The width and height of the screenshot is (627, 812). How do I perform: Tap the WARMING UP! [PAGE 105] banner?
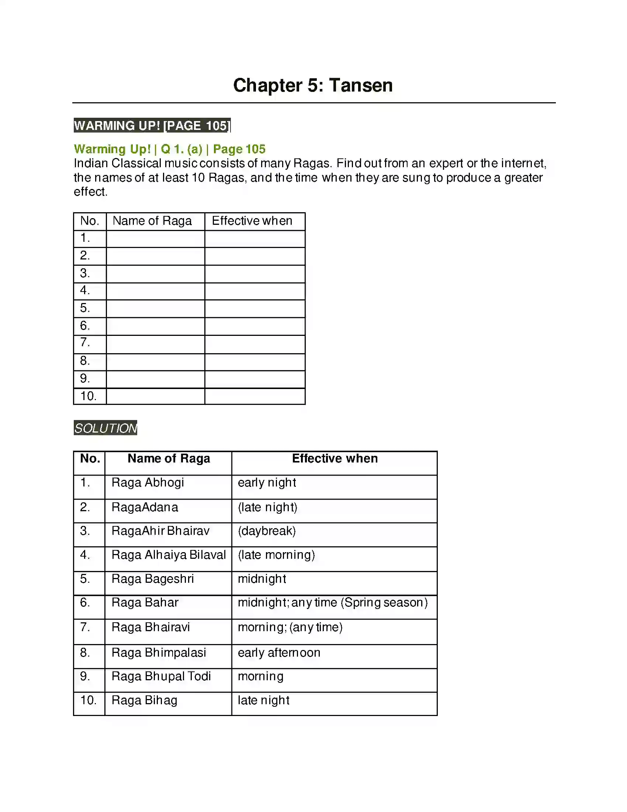pyautogui.click(x=152, y=125)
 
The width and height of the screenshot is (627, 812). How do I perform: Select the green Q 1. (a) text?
pyautogui.click(x=181, y=149)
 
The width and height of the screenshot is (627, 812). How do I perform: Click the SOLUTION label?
pyautogui.click(x=105, y=428)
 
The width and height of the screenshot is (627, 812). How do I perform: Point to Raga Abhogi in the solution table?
pyautogui.click(x=148, y=483)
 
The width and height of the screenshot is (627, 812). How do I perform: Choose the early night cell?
pyautogui.click(x=267, y=483)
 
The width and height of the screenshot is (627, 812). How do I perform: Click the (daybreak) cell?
pyautogui.click(x=267, y=531)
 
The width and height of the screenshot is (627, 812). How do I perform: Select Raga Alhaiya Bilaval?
pyautogui.click(x=168, y=555)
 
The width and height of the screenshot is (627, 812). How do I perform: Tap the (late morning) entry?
pyautogui.click(x=276, y=555)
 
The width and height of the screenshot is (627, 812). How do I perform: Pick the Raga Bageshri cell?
pyautogui.click(x=152, y=579)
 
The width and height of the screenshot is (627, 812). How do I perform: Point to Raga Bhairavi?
pyautogui.click(x=150, y=627)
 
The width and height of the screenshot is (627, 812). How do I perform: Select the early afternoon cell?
pyautogui.click(x=278, y=653)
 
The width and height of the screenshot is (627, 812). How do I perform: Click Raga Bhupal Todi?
pyautogui.click(x=161, y=676)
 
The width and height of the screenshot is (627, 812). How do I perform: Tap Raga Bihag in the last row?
pyautogui.click(x=144, y=701)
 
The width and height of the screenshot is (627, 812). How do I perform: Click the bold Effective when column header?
pyautogui.click(x=335, y=458)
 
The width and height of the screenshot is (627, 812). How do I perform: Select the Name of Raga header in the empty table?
pyautogui.click(x=152, y=221)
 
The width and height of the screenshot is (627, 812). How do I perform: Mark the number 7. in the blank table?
pyautogui.click(x=85, y=342)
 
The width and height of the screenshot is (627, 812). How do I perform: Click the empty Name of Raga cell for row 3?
pyautogui.click(x=155, y=273)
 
